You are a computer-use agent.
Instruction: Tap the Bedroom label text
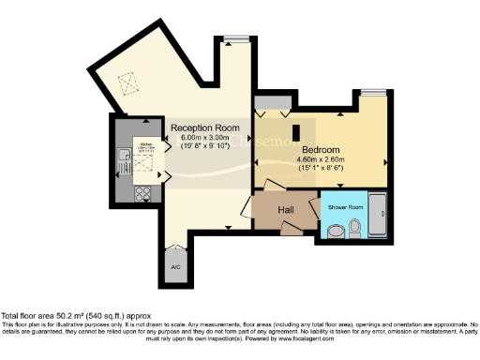pos(321,149)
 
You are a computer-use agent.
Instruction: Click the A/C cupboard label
pos(174,267)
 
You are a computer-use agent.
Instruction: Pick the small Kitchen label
pos(146,144)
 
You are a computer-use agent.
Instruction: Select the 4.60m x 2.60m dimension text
pos(321,159)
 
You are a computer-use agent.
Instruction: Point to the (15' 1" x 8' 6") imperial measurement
pos(321,169)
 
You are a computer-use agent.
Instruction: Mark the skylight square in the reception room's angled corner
pos(126,82)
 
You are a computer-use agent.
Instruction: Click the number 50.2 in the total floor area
pos(64,316)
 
